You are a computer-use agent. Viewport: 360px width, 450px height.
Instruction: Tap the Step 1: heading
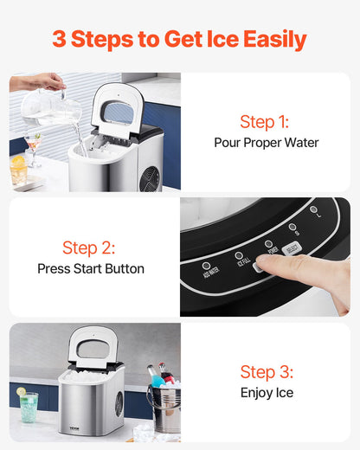265,121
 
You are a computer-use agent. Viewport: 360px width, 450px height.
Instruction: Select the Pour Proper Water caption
266,143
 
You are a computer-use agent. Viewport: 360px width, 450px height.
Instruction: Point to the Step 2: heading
89,247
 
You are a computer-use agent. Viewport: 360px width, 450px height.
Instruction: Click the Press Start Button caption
91,268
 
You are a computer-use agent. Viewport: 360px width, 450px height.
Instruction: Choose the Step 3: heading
266,372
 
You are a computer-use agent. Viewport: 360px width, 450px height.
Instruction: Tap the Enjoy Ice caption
267,393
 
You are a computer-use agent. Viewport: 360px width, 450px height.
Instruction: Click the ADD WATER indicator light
207,266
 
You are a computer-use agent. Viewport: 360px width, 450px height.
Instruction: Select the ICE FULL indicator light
239,255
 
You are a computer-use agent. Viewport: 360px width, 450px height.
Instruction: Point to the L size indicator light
313,209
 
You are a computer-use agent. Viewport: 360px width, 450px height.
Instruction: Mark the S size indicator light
292,227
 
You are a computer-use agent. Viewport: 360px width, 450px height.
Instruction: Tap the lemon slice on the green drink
21,392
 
